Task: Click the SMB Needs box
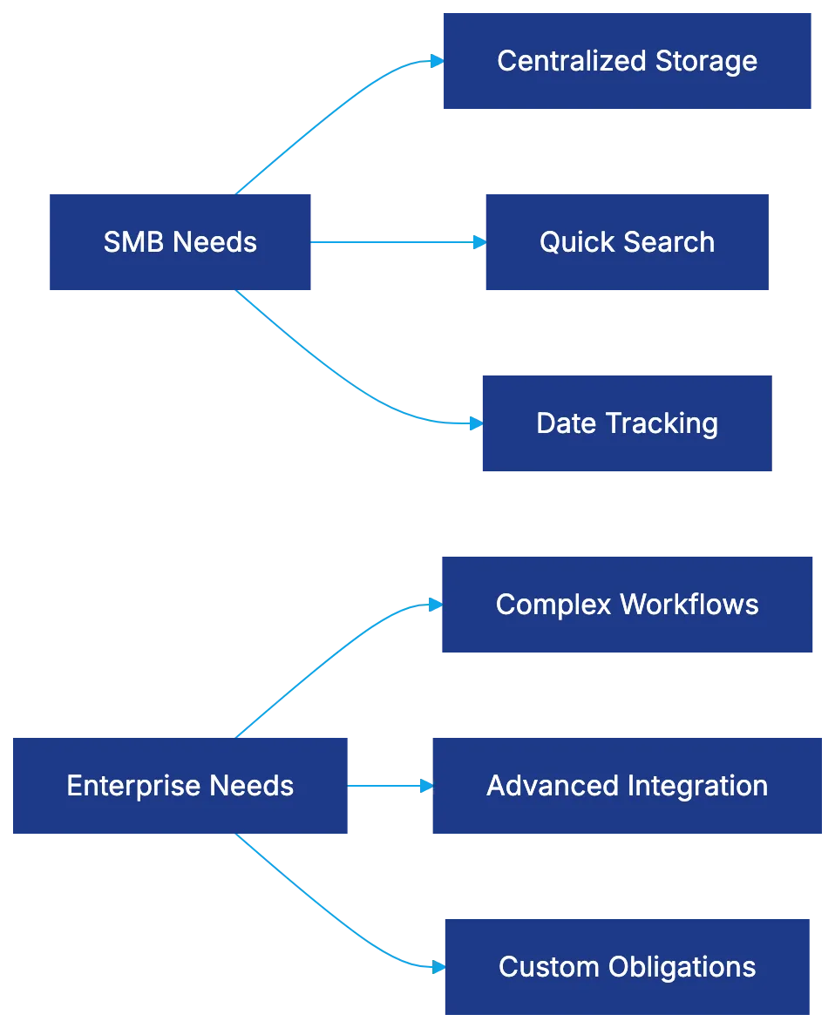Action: point(180,242)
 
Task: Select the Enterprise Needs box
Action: point(178,786)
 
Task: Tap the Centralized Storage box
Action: point(627,61)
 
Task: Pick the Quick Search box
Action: point(627,242)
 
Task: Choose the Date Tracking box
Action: point(627,423)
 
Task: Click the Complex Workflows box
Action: point(627,605)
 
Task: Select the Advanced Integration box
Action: point(627,786)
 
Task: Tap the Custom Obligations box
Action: point(627,967)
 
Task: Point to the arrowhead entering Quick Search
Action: point(477,242)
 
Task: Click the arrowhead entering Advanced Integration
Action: point(425,786)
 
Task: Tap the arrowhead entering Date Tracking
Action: point(474,423)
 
